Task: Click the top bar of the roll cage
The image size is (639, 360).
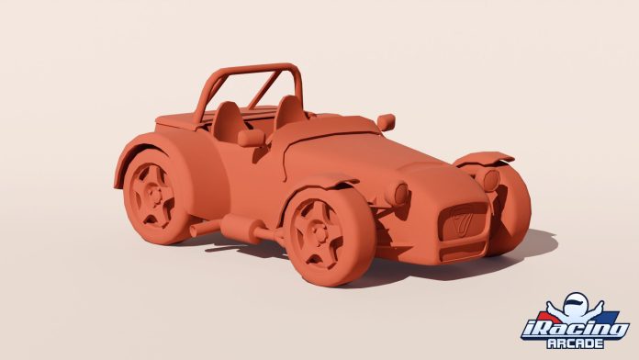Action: click(257, 70)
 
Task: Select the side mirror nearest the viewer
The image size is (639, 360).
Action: click(250, 138)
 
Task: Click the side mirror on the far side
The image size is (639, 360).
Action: click(386, 121)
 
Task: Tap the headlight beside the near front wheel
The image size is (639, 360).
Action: click(400, 194)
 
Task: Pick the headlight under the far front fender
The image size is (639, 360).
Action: click(491, 179)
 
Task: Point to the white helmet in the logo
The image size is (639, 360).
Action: click(575, 304)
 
